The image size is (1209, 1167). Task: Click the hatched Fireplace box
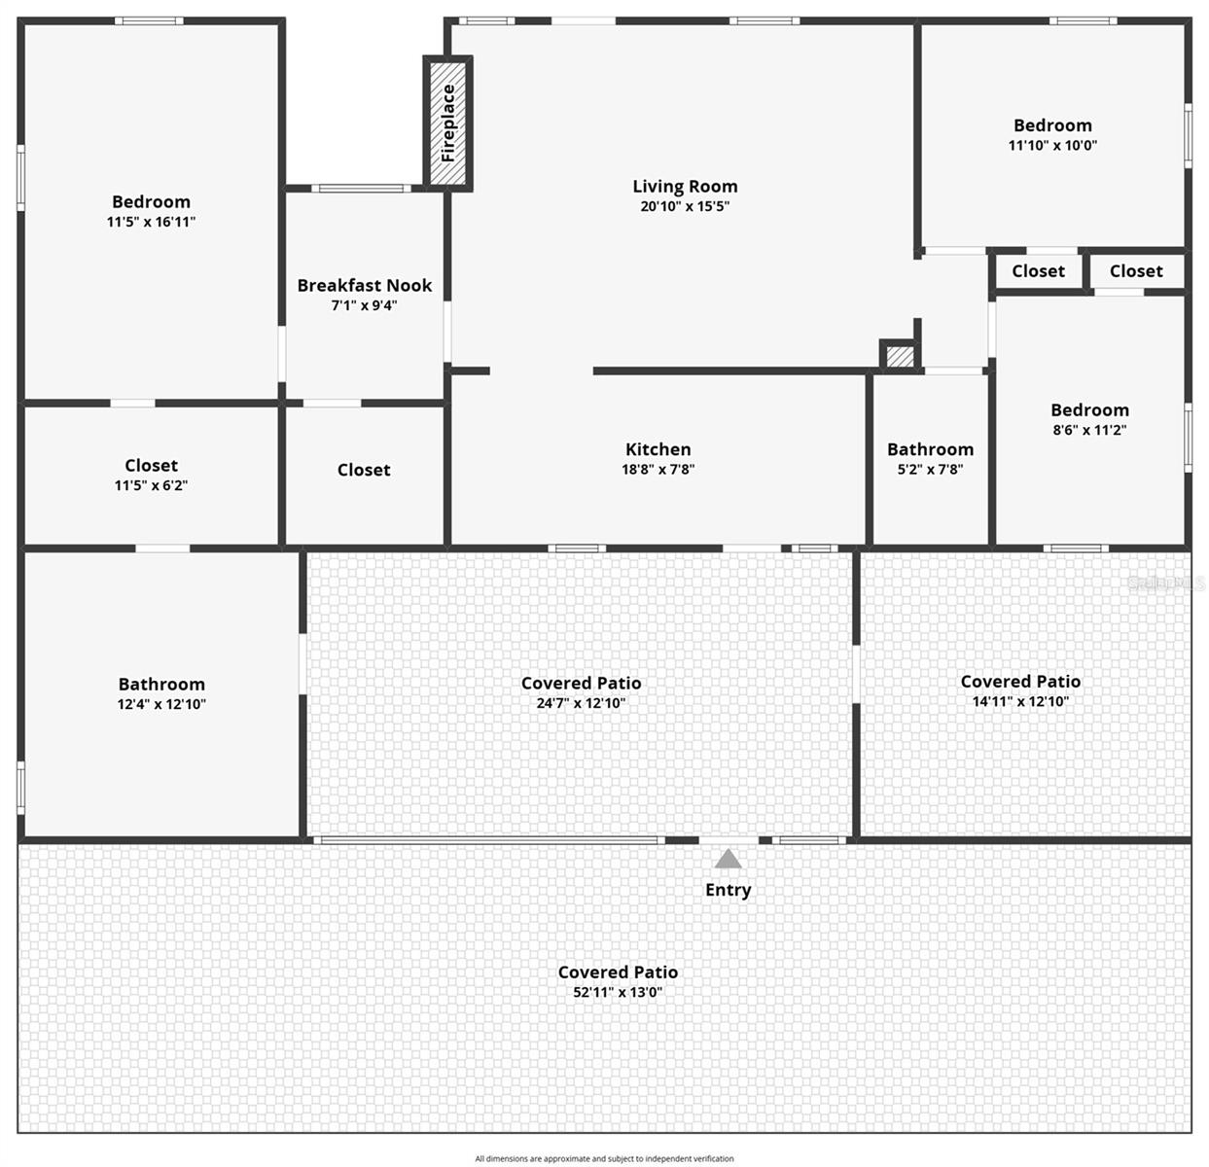tap(448, 124)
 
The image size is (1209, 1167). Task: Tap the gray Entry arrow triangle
tap(728, 859)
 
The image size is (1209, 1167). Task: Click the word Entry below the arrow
tap(728, 890)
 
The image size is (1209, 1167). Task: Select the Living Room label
tap(685, 186)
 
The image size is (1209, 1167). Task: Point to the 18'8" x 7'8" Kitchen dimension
tap(658, 469)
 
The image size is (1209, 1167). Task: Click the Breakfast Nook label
tap(364, 285)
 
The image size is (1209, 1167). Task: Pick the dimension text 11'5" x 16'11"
tap(151, 222)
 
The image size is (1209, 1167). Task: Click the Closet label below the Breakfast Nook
tap(364, 470)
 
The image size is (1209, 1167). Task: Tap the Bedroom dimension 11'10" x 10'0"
tap(1052, 146)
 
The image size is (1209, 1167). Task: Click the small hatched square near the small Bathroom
tap(900, 356)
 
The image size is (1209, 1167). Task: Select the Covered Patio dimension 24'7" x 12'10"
tap(581, 703)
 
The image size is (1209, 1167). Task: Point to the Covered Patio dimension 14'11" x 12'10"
tap(1020, 701)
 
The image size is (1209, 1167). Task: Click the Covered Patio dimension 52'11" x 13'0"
tap(618, 992)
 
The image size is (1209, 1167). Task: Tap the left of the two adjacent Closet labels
tap(1038, 271)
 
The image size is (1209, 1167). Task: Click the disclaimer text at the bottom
tap(604, 1158)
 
